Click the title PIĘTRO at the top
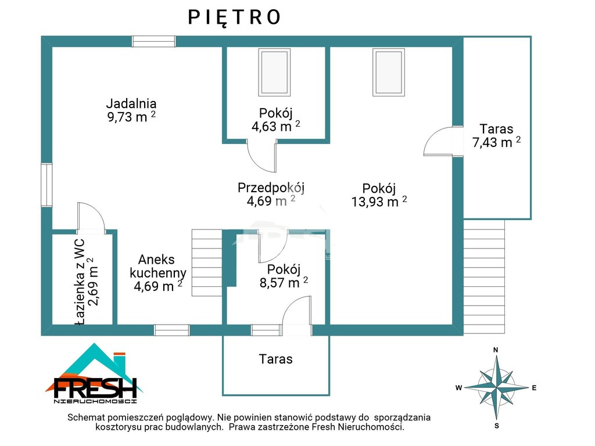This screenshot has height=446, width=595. pos(235,17)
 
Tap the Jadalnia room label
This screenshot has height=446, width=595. pos(131,103)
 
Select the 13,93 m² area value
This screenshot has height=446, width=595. pos(379,202)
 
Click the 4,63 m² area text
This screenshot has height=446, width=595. pos(275,126)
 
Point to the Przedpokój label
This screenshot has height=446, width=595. pos(271,188)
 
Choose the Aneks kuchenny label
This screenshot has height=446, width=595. pos(158,266)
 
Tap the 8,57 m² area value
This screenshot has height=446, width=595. pos(284,283)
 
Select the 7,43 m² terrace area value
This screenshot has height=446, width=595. pos(496,142)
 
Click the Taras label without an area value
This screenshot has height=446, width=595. pos(276,359)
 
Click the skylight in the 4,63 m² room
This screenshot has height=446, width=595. pos(274,72)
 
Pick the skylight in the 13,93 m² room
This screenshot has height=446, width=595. pos(389,72)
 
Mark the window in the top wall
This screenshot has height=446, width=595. pos(153,41)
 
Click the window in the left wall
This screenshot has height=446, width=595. pos(46,185)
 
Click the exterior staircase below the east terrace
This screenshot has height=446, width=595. pos(484,276)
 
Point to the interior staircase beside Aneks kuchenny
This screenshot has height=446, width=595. pos(207,262)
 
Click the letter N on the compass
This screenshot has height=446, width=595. pos(496,350)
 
